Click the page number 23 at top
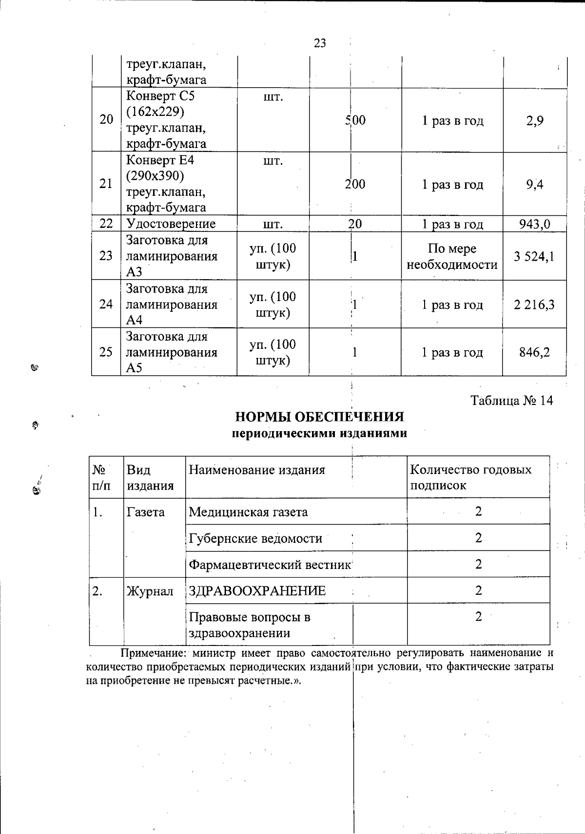[320, 43]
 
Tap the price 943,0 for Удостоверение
[534, 224]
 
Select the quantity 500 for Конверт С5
[355, 120]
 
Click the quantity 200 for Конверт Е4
[355, 184]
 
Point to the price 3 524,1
[534, 256]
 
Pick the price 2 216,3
[534, 305]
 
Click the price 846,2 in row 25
[534, 352]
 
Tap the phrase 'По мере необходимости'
[452, 257]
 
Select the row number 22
[106, 224]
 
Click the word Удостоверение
[171, 224]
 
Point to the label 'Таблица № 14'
[512, 400]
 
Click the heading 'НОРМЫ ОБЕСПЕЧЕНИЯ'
[320, 417]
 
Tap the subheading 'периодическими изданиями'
[319, 433]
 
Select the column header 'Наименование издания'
[256, 470]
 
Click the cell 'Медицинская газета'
[248, 512]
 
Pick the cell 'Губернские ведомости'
[255, 538]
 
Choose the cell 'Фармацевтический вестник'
[270, 565]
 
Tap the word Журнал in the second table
[150, 591]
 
